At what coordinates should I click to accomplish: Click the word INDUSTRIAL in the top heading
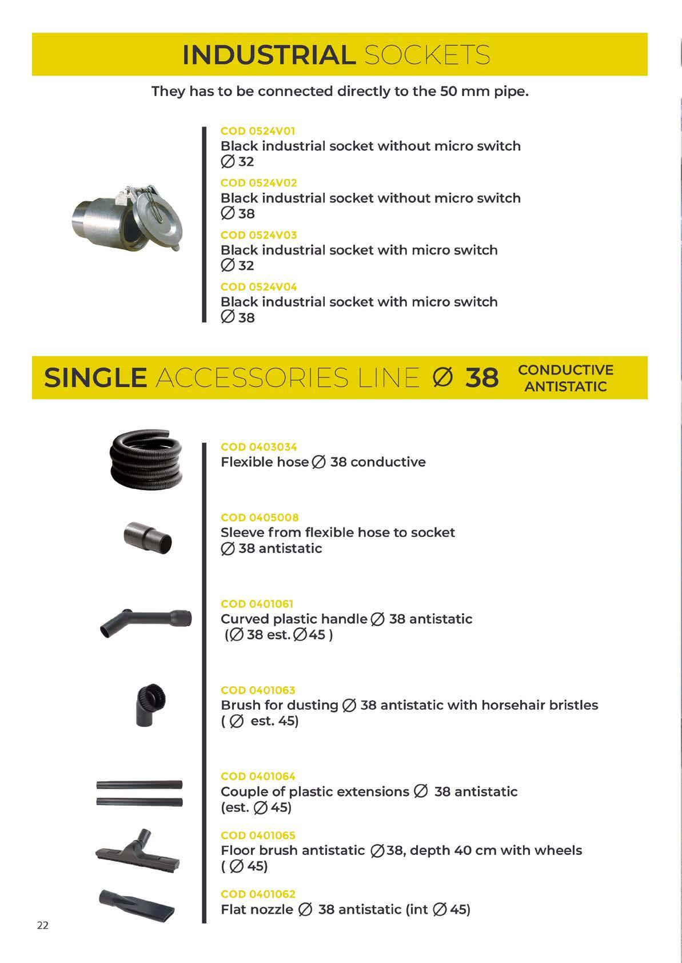269,55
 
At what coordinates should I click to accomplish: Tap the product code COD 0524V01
258,131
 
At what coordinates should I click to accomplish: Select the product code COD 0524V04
258,286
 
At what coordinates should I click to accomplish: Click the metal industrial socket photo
126,218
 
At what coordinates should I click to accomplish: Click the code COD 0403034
258,447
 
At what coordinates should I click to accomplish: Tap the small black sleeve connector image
147,538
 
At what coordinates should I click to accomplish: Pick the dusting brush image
150,703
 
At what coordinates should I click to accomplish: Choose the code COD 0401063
258,690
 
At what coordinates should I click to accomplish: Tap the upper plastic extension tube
139,785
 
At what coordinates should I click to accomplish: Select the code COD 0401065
258,835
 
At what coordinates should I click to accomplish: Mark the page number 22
43,925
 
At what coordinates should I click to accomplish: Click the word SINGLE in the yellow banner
95,378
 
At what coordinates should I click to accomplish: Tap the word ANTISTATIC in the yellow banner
565,387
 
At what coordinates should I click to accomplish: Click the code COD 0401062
258,894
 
